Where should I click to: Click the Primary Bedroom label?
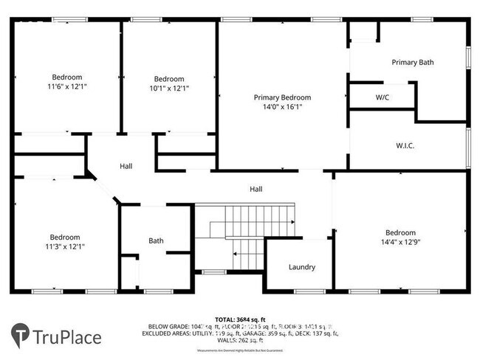[x=282, y=97]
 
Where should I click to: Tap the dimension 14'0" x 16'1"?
[x=282, y=107]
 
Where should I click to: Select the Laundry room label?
[x=302, y=267]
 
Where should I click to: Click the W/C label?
[x=383, y=97]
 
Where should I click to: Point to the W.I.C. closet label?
[x=405, y=145]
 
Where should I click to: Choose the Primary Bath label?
[x=412, y=63]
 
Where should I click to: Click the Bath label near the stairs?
[x=156, y=240]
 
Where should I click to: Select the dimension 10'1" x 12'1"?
[x=168, y=89]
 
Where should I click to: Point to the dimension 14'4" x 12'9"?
[x=400, y=241]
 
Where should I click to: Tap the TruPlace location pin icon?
[x=21, y=336]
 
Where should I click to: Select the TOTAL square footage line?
[x=240, y=318]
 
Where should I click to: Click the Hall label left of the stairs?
[x=126, y=167]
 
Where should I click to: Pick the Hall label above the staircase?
[x=256, y=190]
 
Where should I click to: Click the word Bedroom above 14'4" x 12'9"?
[x=400, y=232]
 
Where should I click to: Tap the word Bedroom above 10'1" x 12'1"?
[x=168, y=79]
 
